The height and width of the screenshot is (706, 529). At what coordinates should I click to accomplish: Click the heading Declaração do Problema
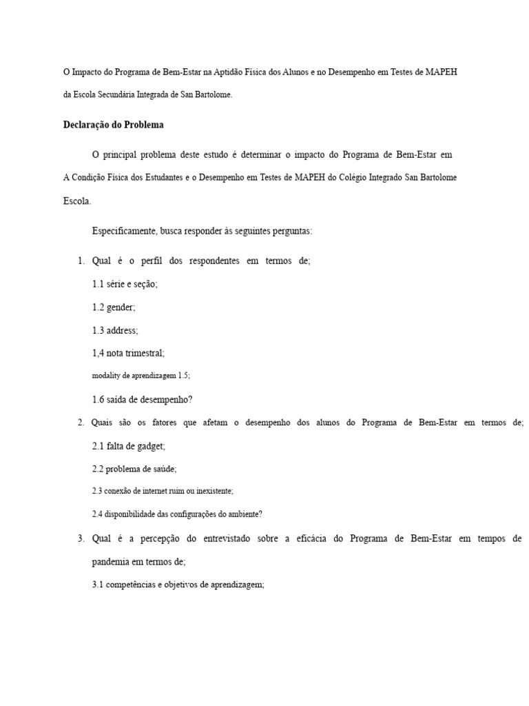(113, 125)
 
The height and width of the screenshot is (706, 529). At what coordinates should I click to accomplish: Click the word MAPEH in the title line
(442, 72)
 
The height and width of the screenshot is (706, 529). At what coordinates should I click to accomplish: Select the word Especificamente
(125, 231)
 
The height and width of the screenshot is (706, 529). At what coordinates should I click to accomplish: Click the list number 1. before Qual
(81, 261)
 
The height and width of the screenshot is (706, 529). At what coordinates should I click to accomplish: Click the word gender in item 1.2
(121, 307)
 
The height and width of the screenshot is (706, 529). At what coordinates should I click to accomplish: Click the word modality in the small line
(106, 376)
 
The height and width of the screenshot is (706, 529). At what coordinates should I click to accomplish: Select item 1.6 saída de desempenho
(142, 399)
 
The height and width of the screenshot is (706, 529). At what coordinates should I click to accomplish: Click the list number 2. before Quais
(81, 423)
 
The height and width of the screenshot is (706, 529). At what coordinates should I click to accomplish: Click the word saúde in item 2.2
(162, 469)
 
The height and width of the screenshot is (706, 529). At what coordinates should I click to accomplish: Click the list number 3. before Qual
(81, 538)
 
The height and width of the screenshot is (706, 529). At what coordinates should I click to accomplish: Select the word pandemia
(112, 562)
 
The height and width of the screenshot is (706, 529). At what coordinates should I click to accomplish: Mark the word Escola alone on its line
(76, 201)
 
